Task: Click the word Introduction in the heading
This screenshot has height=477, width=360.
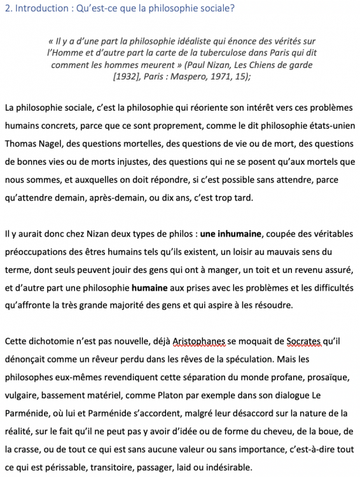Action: tap(37, 8)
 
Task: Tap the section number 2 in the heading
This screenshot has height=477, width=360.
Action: tap(6, 8)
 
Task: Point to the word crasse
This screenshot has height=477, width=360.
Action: tap(33, 448)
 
